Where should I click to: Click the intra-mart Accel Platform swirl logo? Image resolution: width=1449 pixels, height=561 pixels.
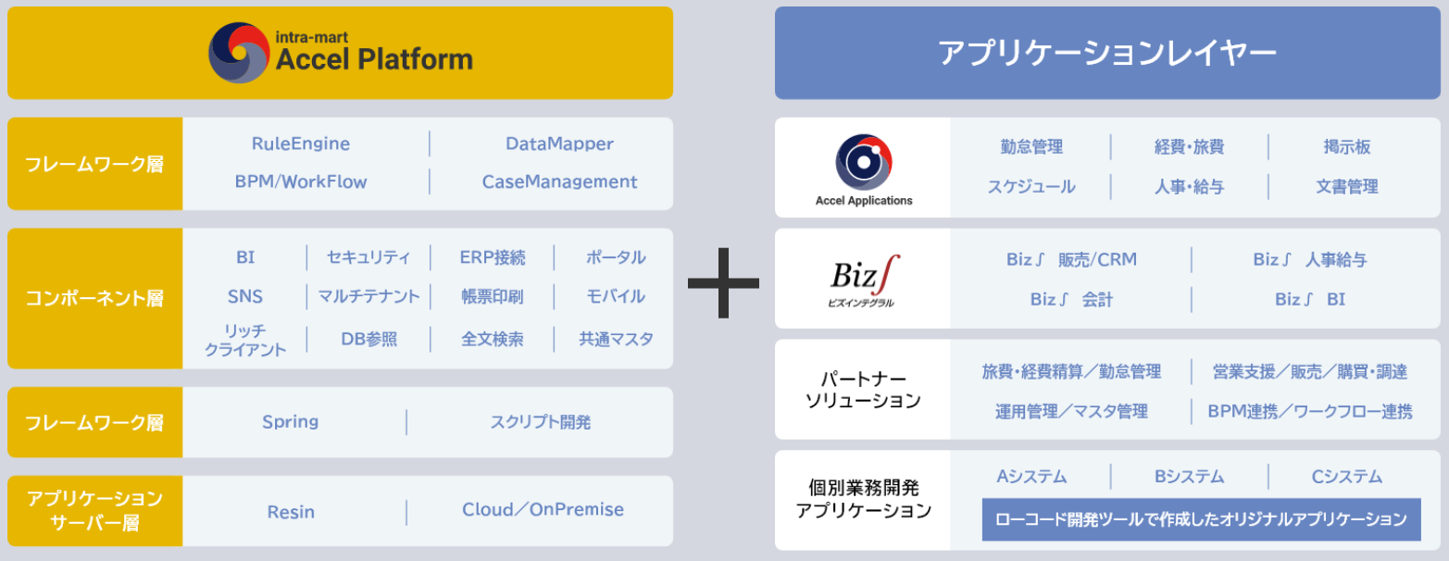click(238, 53)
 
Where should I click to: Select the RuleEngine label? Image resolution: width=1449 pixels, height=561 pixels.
click(301, 143)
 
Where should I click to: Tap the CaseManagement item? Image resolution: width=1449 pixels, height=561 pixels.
click(559, 181)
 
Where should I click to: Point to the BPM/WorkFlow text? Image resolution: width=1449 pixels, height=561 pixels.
click(301, 181)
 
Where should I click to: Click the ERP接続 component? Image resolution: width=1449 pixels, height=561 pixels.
click(493, 257)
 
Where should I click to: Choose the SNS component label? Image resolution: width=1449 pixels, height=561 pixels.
click(245, 296)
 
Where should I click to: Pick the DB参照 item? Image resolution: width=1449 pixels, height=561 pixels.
click(368, 339)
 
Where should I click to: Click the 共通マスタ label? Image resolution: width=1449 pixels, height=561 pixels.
click(616, 339)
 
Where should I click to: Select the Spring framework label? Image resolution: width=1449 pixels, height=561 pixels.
click(291, 422)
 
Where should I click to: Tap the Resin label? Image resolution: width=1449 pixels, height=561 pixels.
click(291, 512)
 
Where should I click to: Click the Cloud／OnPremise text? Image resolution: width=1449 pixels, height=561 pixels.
click(543, 510)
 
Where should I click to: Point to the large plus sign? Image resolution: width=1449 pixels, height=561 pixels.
click(723, 282)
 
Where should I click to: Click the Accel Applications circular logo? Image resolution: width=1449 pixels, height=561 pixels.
click(864, 162)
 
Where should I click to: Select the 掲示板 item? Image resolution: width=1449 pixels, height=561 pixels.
click(1347, 147)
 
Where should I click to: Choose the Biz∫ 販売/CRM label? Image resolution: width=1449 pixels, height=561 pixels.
click(1071, 259)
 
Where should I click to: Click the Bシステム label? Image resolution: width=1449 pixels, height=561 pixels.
click(1189, 477)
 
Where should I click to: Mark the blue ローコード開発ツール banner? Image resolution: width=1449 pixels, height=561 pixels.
click(1201, 519)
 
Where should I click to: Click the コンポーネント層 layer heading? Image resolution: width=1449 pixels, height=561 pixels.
click(94, 298)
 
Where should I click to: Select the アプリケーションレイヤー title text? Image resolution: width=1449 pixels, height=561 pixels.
click(1107, 53)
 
